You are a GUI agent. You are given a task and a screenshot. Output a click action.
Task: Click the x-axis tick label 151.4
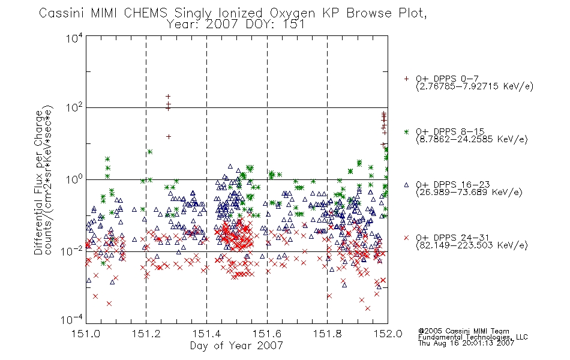(206, 334)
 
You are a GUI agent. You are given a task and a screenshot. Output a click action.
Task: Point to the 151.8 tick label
(327, 334)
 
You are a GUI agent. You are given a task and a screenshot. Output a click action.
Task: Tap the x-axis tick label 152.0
(388, 334)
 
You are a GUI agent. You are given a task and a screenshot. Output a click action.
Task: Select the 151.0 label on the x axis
(86, 334)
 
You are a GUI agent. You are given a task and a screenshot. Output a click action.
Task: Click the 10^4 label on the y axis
(74, 38)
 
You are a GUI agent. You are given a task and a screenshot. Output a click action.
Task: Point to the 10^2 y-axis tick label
(74, 107)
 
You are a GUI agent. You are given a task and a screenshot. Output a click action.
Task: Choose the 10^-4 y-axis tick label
(72, 320)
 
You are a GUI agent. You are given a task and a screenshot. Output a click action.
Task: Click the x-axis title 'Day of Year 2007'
(236, 346)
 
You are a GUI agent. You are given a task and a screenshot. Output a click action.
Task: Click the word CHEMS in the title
(145, 13)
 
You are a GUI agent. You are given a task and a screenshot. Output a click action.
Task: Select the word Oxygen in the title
(292, 14)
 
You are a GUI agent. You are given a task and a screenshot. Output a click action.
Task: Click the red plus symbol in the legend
(406, 79)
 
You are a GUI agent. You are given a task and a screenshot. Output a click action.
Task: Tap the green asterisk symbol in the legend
(406, 131)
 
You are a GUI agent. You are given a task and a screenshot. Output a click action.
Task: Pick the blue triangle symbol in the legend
(406, 185)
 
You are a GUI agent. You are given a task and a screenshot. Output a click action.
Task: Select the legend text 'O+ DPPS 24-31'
(452, 238)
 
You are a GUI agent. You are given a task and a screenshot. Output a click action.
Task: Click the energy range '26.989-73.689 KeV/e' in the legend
(469, 192)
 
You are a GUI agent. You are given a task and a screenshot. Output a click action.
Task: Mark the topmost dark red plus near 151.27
(168, 97)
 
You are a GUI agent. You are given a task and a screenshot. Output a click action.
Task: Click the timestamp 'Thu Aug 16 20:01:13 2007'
(466, 343)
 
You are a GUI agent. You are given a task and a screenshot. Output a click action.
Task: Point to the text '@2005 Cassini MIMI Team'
(463, 331)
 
